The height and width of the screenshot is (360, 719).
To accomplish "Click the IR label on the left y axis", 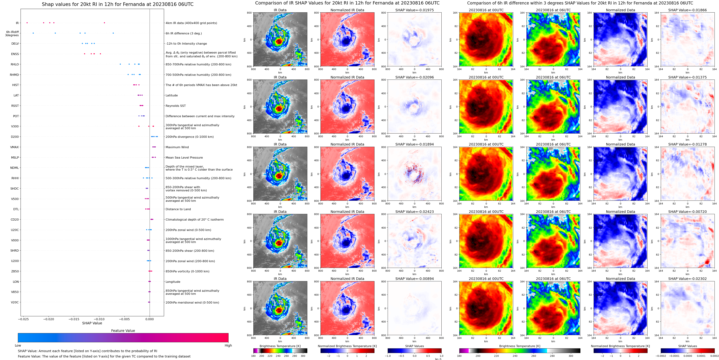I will [x=17, y=23].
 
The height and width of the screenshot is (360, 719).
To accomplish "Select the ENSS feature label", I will [x=15, y=54].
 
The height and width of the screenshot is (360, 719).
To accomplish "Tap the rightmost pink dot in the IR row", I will [x=104, y=23].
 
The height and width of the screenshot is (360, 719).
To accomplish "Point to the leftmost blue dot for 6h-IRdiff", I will [x=33, y=33].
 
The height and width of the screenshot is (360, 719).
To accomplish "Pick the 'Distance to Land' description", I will [x=178, y=209].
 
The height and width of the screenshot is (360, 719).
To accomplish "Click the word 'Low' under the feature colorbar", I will [x=18, y=345].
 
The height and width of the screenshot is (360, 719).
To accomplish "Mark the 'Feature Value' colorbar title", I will [x=123, y=331].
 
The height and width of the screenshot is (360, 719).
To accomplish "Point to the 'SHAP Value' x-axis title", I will [x=92, y=323].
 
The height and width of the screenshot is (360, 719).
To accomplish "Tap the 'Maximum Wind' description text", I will [x=177, y=147].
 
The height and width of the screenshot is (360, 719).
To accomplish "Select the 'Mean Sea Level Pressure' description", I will [x=184, y=158].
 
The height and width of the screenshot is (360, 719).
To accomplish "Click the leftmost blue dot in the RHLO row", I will [x=120, y=64].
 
